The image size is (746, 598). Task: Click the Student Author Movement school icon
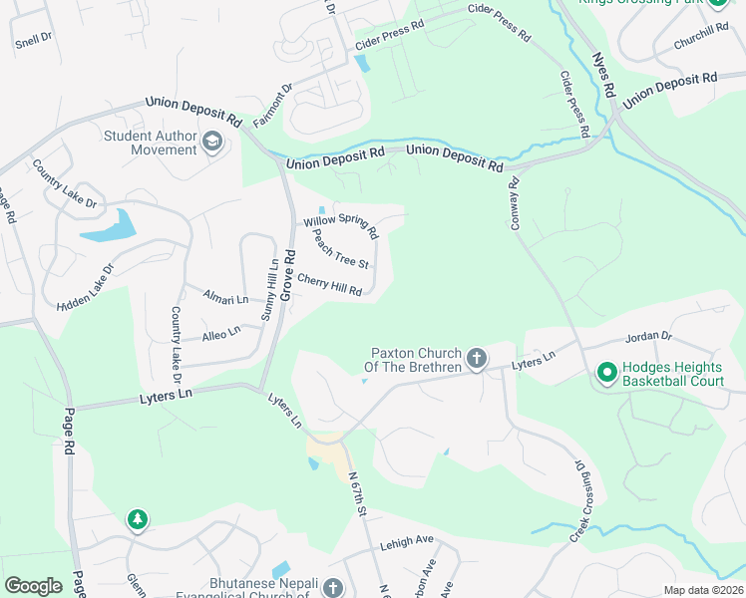pyautogui.click(x=211, y=143)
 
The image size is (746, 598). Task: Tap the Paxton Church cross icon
pyautogui.click(x=477, y=358)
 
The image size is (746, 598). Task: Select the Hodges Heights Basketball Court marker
pyautogui.click(x=605, y=374)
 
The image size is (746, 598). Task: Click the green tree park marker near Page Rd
pyautogui.click(x=137, y=519)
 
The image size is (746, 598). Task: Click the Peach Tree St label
pyautogui.click(x=341, y=250)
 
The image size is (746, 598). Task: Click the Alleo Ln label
pyautogui.click(x=221, y=333)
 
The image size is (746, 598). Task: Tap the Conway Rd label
pyautogui.click(x=516, y=204)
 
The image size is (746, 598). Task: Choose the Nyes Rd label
pyautogui.click(x=602, y=76)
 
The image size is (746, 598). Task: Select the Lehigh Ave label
pyautogui.click(x=406, y=542)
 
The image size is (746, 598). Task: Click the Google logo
pyautogui.click(x=33, y=585)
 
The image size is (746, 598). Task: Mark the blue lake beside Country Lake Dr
pyautogui.click(x=110, y=227)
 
